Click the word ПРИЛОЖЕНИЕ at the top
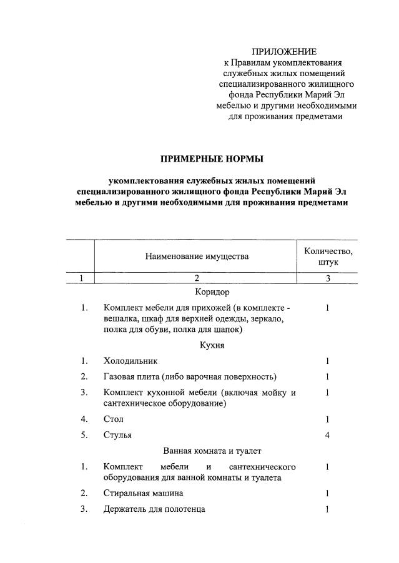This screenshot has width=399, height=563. (x=284, y=51)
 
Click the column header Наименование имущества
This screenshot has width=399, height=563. (x=197, y=256)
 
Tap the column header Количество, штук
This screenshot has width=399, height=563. (x=328, y=257)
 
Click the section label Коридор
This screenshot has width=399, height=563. (x=213, y=292)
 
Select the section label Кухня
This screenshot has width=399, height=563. (x=212, y=345)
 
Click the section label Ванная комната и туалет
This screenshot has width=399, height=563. (x=212, y=450)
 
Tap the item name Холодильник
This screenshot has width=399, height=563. (x=131, y=361)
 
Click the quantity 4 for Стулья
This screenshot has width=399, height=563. (x=327, y=435)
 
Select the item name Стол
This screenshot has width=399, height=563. (x=114, y=419)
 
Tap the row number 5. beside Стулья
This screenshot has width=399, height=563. (x=84, y=435)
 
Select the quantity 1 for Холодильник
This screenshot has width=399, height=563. (x=327, y=361)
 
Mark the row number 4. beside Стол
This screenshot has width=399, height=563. (x=84, y=419)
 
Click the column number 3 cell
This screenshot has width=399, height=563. (x=328, y=278)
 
